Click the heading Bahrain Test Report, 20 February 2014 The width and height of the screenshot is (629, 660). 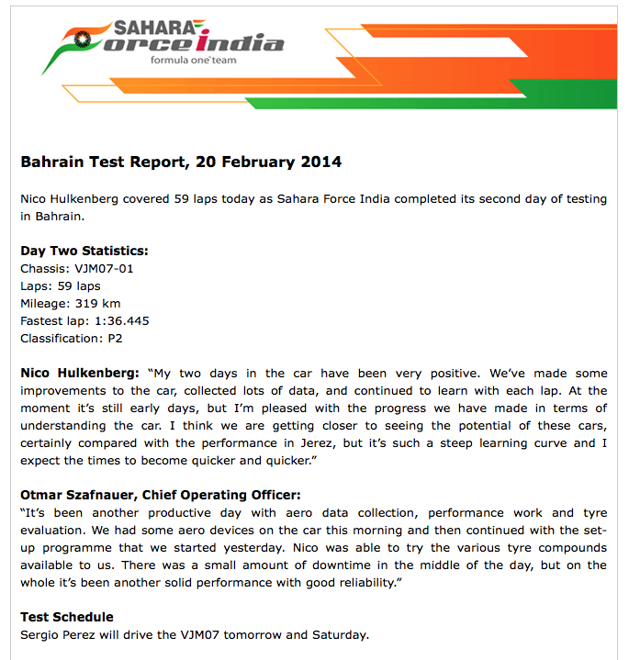(x=181, y=162)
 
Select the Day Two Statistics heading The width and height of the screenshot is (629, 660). (x=84, y=251)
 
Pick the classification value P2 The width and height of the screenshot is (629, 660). (x=115, y=338)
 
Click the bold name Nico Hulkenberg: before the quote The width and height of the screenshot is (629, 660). (x=79, y=374)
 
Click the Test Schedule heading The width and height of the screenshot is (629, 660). (x=67, y=617)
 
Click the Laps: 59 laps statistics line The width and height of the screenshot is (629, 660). (x=61, y=285)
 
